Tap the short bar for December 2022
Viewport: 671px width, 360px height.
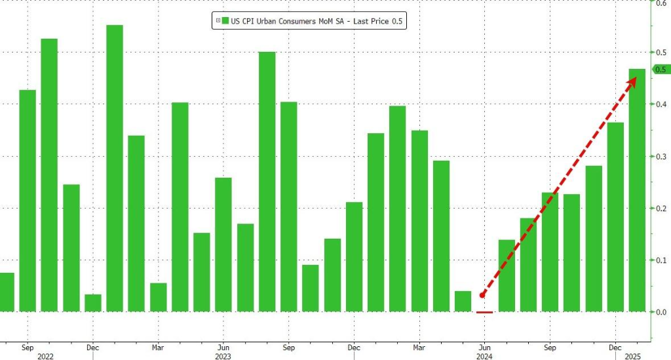coord(93,303)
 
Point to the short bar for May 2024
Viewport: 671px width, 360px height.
coord(463,301)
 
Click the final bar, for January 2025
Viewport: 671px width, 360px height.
coord(638,190)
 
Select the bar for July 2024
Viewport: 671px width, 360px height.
coord(507,275)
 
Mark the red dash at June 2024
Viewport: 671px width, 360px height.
coord(484,312)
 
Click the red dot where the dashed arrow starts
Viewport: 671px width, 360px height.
coord(482,295)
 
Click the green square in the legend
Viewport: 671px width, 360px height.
coord(225,22)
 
